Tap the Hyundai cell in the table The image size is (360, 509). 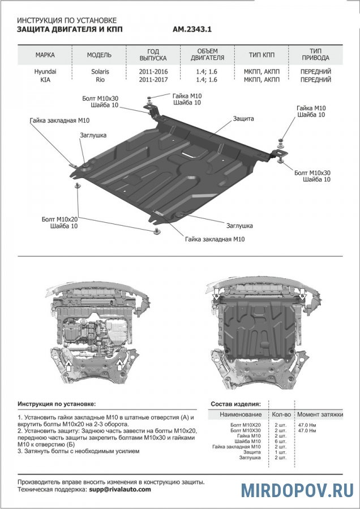[x=45, y=72]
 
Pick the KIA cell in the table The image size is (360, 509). [x=45, y=80]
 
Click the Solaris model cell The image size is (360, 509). [x=100, y=72]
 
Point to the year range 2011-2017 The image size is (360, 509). [x=153, y=80]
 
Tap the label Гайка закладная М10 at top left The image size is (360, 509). [x=60, y=120]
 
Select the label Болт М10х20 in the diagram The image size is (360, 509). [x=59, y=218]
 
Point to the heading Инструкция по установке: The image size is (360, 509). [x=57, y=404]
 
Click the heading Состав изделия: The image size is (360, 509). [x=235, y=404]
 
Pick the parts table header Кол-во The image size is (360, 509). [x=282, y=415]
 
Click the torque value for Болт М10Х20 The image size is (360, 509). [x=307, y=424]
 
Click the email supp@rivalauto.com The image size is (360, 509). [x=120, y=489]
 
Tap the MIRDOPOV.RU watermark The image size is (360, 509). [x=297, y=489]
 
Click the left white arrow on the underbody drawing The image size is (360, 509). [x=69, y=366]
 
